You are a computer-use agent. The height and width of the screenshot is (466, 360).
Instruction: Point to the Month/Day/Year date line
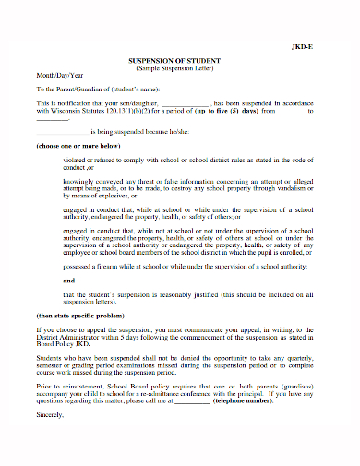pos(57,77)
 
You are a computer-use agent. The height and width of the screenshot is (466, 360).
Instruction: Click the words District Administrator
pos(68,337)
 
